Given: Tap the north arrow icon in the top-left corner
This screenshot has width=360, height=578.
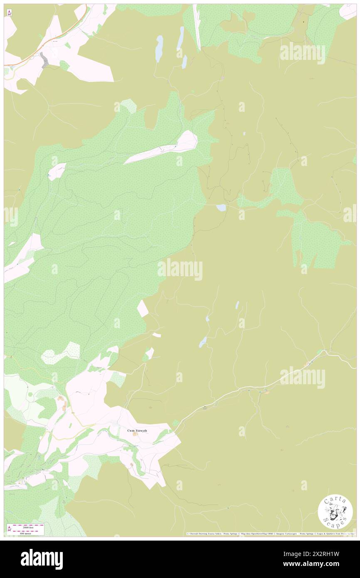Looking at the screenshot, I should (9, 13).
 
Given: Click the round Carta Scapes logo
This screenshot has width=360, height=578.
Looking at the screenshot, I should (335, 511).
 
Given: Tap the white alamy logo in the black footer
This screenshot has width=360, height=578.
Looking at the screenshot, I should (42, 559).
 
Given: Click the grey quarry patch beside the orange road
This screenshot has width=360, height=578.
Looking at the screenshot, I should (44, 60).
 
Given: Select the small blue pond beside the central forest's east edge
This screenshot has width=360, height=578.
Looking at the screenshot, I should (221, 207).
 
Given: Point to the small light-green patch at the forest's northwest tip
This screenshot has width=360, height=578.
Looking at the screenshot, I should (129, 106).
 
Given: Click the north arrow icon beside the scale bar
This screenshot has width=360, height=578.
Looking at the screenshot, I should (9, 529).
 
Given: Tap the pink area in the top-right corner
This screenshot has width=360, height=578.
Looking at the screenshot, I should (348, 11).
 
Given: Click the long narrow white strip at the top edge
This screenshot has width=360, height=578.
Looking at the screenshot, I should (197, 27).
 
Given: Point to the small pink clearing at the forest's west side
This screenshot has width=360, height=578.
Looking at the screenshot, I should (57, 171).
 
